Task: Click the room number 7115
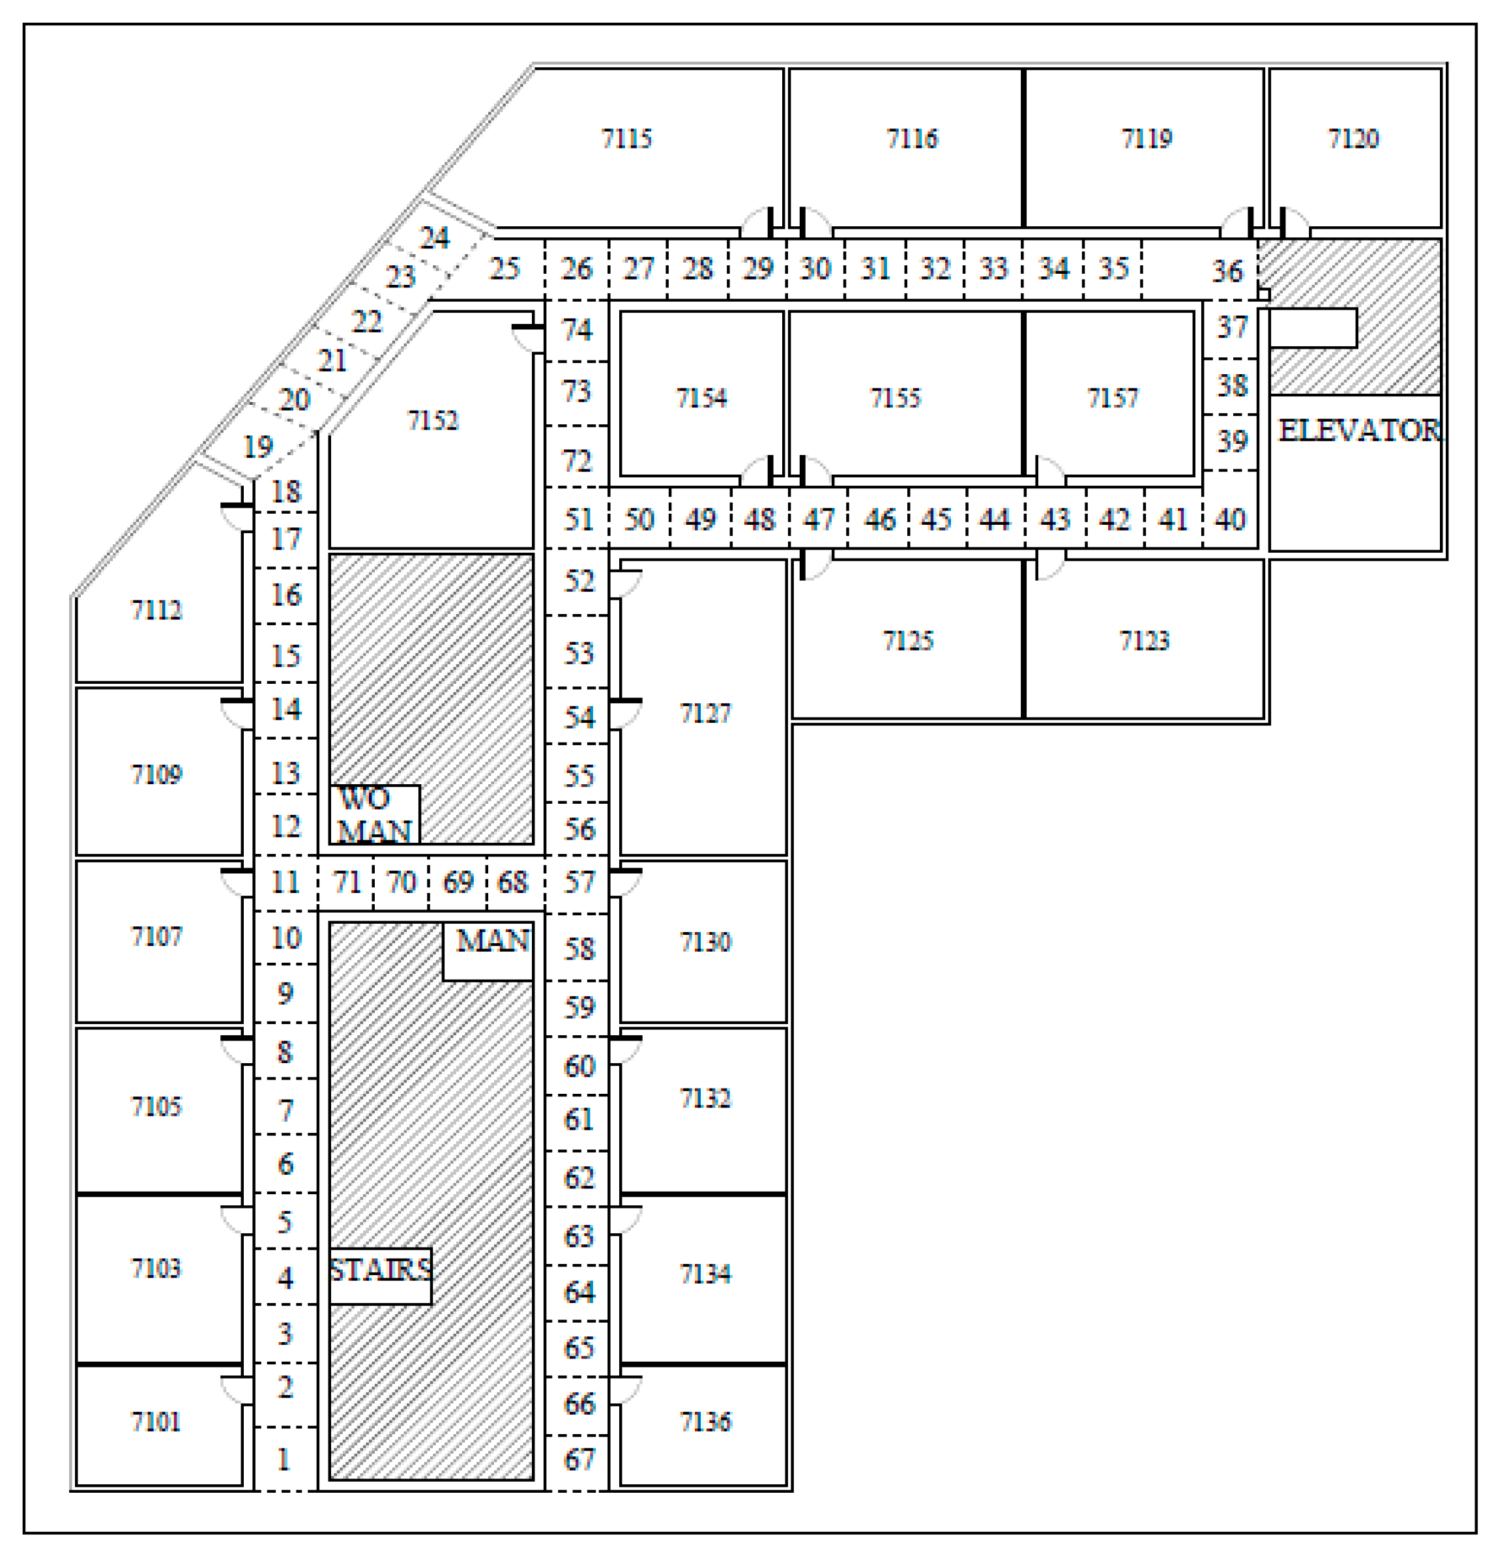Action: pos(626,139)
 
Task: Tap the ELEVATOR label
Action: pos(1359,431)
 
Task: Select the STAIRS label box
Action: pos(380,1270)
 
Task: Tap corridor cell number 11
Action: pos(285,882)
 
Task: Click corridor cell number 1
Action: pos(284,1459)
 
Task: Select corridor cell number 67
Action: pos(578,1459)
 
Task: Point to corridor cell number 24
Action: pos(434,237)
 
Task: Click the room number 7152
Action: pos(433,420)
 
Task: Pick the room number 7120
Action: pos(1354,139)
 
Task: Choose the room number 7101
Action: pos(156,1421)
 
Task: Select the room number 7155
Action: pos(895,397)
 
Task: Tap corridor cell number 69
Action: pos(458,882)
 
